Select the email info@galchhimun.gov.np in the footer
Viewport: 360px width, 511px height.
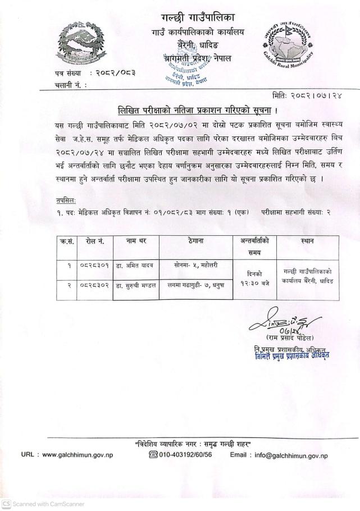291,455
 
